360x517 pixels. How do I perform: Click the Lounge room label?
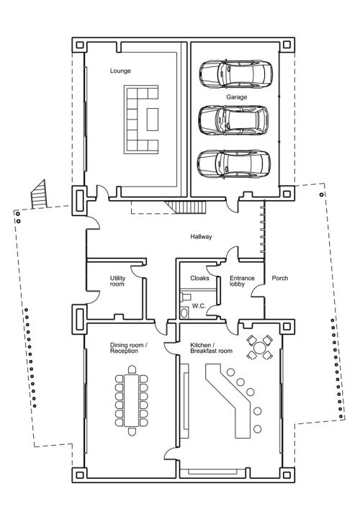[x=120, y=71]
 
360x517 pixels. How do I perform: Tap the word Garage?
[x=236, y=97]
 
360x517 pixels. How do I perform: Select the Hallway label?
[x=201, y=237]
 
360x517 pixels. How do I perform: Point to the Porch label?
[x=280, y=278]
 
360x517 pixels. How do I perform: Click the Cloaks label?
[x=199, y=278]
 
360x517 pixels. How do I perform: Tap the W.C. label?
[x=199, y=306]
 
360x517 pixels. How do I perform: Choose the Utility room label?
[x=117, y=281]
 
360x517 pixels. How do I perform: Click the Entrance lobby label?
[x=242, y=281]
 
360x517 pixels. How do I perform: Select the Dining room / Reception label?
[x=129, y=348]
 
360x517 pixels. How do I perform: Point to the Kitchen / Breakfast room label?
[x=211, y=348]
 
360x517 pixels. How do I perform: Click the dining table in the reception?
[x=132, y=400]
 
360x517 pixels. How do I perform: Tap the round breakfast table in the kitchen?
[x=260, y=347]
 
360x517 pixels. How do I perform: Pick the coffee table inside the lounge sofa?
[x=153, y=119]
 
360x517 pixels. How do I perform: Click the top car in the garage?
[x=235, y=73]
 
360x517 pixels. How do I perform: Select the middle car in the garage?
[x=233, y=120]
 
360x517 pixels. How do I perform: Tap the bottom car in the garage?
[x=234, y=164]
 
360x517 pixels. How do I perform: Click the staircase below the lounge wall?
[x=186, y=207]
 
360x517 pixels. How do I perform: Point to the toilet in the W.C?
[x=184, y=313]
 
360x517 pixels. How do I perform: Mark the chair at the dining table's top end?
[x=132, y=369]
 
